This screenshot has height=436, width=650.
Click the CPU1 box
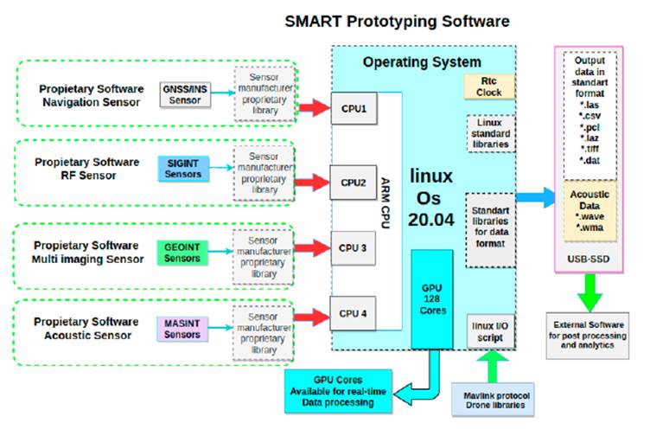354,110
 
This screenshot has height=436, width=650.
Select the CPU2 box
354,183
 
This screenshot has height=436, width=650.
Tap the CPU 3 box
354,247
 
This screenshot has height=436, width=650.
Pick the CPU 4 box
354,313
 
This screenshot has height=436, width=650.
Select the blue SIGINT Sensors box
183,168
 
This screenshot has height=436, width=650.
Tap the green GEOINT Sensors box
183,252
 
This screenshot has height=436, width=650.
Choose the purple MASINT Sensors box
183,328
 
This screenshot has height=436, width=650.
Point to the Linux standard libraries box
490,133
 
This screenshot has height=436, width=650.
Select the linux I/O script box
490,330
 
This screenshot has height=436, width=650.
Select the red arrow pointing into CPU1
312,109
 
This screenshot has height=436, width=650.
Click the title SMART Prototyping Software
397,19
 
